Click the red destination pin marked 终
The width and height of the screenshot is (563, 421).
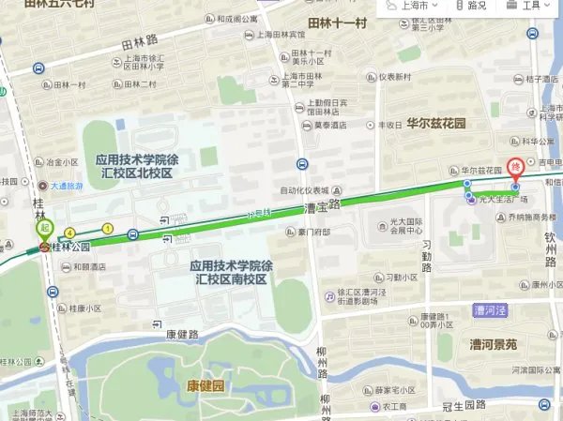[515, 168]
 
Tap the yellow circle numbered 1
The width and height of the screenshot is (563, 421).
[108, 228]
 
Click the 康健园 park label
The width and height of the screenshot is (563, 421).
[205, 384]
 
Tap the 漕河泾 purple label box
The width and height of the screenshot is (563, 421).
[490, 309]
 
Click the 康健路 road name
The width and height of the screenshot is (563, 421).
[182, 333]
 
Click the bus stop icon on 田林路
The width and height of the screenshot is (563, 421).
[38, 68]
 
